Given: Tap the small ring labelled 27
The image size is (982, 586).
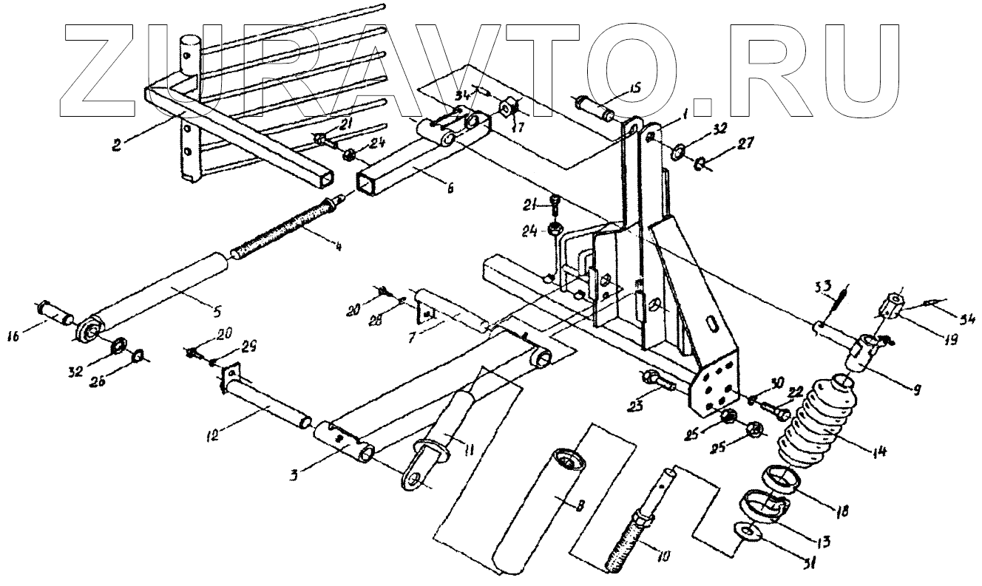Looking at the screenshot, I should point(698,163).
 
